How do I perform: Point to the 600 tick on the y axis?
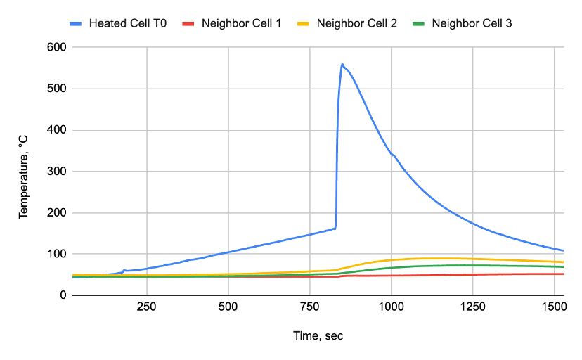(x=57, y=48)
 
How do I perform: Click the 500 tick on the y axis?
(x=57, y=89)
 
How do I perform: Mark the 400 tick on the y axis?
(x=57, y=130)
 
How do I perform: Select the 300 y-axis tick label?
(x=57, y=172)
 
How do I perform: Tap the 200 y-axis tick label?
(x=57, y=213)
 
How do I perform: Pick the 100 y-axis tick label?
(x=57, y=254)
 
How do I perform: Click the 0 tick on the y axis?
(x=63, y=295)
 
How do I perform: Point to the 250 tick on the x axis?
(x=146, y=307)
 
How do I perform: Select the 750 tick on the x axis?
(x=309, y=307)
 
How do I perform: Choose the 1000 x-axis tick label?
(x=391, y=307)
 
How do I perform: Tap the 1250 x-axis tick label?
(x=472, y=307)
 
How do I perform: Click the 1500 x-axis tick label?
(x=554, y=307)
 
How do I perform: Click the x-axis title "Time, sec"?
(x=318, y=336)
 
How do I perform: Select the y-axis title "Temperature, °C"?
(x=23, y=171)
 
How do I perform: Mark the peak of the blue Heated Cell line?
(x=342, y=65)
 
